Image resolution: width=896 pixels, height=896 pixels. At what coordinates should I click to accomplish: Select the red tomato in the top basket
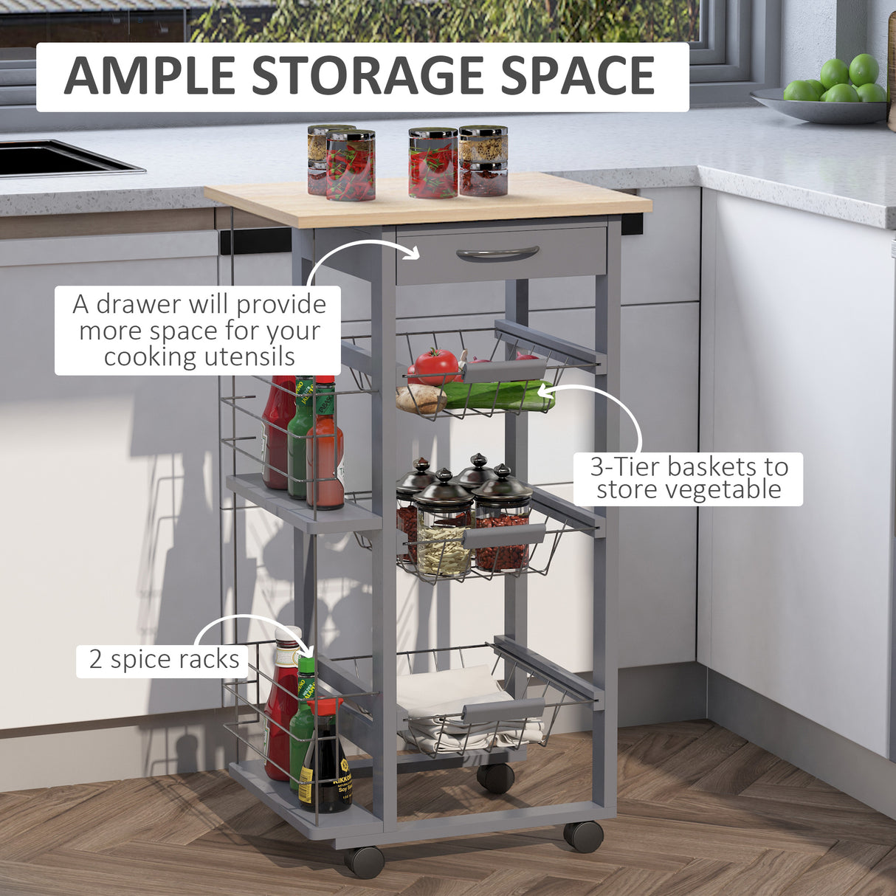[x=433, y=366]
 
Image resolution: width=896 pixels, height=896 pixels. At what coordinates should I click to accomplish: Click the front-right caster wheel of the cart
[x=583, y=836]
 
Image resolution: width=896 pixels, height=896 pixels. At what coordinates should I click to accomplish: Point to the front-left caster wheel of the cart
[x=365, y=861]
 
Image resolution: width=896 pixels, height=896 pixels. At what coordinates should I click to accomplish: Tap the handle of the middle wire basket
[x=505, y=536]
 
